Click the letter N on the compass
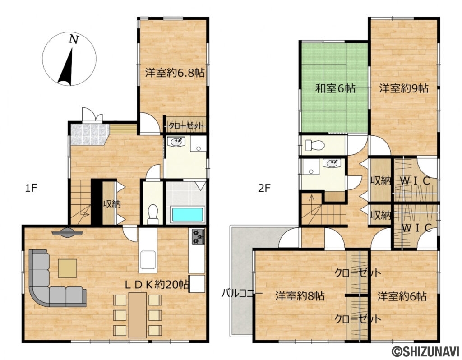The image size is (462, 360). (74, 39)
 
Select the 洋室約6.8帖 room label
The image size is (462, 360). (175, 73)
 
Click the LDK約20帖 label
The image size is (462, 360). (157, 285)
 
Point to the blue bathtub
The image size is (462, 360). (188, 214)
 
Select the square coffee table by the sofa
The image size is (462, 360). (68, 268)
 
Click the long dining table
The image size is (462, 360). (137, 315)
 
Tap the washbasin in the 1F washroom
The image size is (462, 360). (176, 142)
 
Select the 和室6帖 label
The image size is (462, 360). (335, 88)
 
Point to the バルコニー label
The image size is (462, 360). (242, 293)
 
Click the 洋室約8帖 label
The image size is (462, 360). (300, 296)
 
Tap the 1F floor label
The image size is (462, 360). (31, 188)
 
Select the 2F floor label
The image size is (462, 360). (264, 188)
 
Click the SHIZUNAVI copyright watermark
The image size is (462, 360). (425, 351)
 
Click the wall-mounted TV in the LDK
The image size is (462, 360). (67, 232)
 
